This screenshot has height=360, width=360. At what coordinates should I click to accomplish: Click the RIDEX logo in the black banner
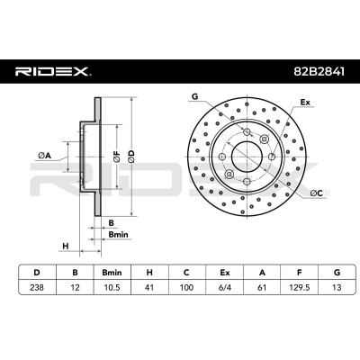click(52, 71)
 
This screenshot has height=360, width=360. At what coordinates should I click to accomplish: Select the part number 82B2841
click(319, 72)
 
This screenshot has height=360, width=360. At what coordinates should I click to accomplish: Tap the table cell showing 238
click(37, 287)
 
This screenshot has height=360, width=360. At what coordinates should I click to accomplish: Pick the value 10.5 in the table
click(112, 287)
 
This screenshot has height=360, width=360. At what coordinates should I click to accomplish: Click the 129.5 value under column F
click(299, 287)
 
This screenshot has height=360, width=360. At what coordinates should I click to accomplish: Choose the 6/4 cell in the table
click(224, 287)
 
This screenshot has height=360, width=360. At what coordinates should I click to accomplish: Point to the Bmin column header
click(112, 273)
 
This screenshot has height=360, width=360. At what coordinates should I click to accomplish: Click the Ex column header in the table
click(224, 273)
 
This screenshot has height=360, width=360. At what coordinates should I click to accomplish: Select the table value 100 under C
click(186, 287)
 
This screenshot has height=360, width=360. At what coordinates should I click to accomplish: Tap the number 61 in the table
click(262, 287)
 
